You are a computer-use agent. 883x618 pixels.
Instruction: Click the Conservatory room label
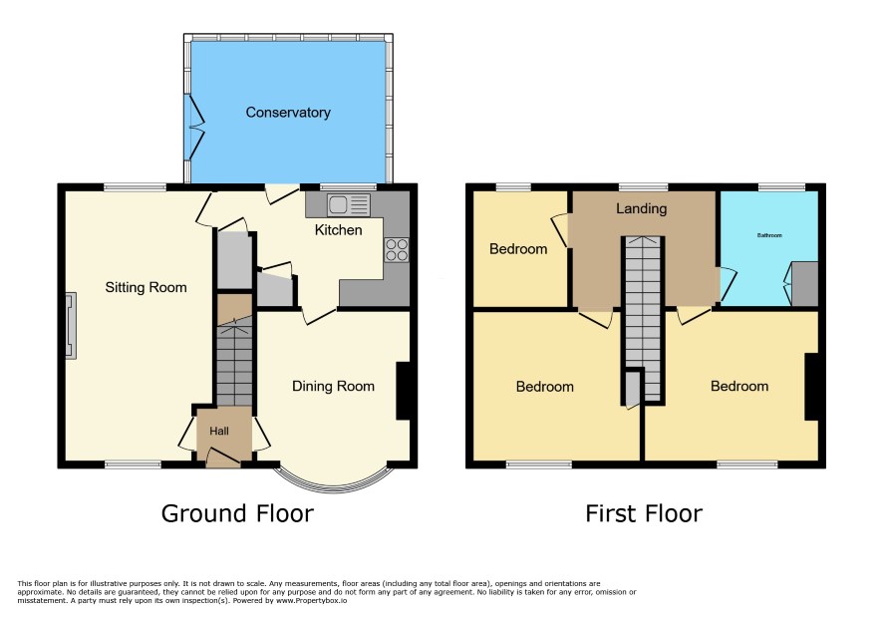click(x=288, y=113)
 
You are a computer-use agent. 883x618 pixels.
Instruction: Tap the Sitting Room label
click(x=146, y=288)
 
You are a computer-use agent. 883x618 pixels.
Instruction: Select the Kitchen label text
click(x=338, y=230)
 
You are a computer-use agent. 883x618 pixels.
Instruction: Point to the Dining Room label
click(x=333, y=387)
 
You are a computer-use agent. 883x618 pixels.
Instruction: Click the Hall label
click(x=219, y=431)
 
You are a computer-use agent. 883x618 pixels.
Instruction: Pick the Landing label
click(x=641, y=209)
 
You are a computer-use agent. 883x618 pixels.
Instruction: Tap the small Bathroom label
click(x=769, y=235)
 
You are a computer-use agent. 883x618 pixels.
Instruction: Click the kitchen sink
click(x=349, y=205)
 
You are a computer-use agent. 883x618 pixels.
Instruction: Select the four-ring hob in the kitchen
click(x=397, y=250)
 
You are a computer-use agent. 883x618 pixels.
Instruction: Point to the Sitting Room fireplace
click(x=71, y=326)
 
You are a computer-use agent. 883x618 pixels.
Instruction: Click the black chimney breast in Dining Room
click(x=404, y=391)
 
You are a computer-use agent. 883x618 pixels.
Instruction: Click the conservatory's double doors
click(x=195, y=127)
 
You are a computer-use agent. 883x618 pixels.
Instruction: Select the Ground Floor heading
click(x=237, y=513)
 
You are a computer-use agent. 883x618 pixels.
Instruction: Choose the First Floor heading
click(x=644, y=513)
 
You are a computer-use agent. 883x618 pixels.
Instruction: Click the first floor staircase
click(x=643, y=319)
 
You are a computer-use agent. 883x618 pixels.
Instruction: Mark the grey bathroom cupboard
click(x=804, y=284)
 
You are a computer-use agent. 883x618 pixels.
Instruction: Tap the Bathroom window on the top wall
click(x=781, y=187)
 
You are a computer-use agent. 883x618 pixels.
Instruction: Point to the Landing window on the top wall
click(x=643, y=187)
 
